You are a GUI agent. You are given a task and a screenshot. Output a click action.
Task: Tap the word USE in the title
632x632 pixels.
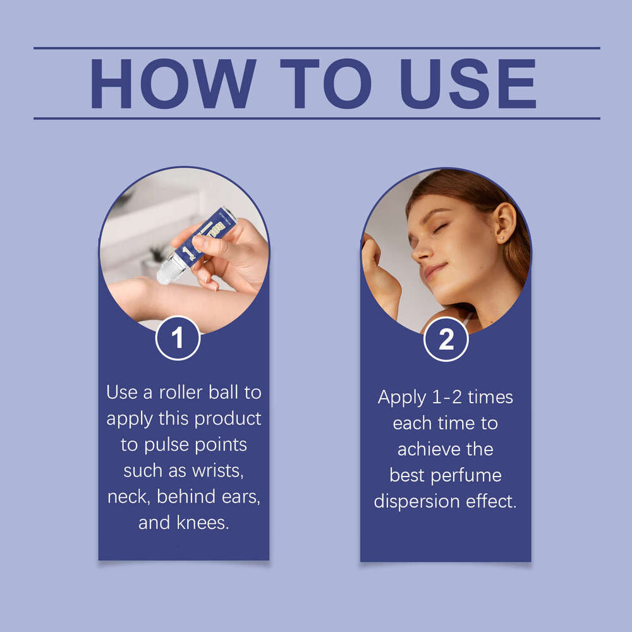click(x=468, y=84)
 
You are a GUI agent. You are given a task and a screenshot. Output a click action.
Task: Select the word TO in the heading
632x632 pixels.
click(x=325, y=83)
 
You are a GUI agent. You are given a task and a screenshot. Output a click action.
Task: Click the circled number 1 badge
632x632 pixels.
click(x=178, y=337)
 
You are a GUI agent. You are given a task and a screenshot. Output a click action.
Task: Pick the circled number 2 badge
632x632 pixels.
click(x=446, y=339)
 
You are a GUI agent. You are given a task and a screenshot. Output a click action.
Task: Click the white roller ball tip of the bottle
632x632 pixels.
click(x=166, y=272)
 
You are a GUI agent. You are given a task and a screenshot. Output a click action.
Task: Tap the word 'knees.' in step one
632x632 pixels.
click(x=203, y=523)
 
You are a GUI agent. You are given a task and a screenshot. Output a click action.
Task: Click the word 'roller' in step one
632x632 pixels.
click(x=181, y=392)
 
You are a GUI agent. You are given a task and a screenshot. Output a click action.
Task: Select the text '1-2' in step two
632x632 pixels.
click(x=447, y=398)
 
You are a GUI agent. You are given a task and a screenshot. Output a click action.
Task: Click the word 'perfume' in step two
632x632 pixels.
click(x=466, y=476)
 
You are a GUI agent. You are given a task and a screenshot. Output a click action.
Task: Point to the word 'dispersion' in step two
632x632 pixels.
click(x=416, y=502)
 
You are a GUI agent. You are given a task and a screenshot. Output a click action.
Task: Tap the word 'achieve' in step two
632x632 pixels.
click(x=428, y=449)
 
